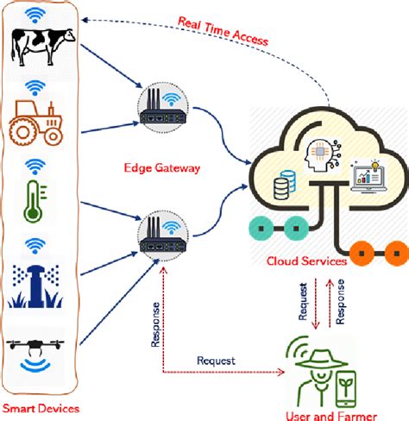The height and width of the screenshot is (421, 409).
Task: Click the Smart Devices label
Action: (x=39, y=406)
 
